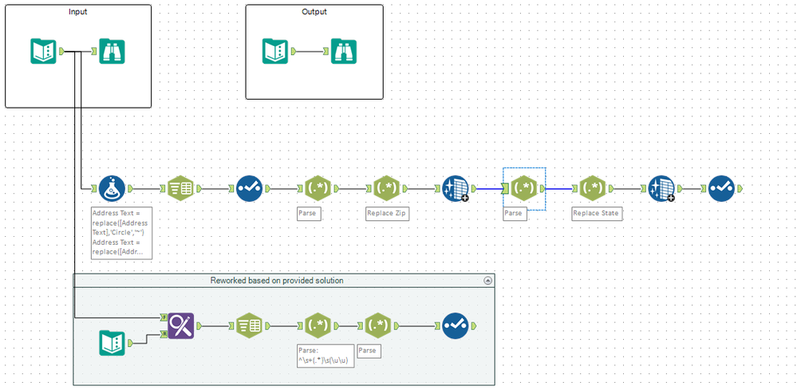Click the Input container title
click(x=78, y=12)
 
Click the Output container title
click(x=314, y=12)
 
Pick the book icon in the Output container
click(x=275, y=52)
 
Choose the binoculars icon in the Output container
click(x=345, y=52)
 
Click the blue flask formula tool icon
click(x=112, y=189)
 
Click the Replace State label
click(x=596, y=214)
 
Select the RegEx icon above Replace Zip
click(x=387, y=189)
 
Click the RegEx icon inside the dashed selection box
click(x=524, y=189)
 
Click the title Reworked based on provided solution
click(x=277, y=281)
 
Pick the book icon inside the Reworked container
click(x=112, y=343)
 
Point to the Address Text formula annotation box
click(x=121, y=232)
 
